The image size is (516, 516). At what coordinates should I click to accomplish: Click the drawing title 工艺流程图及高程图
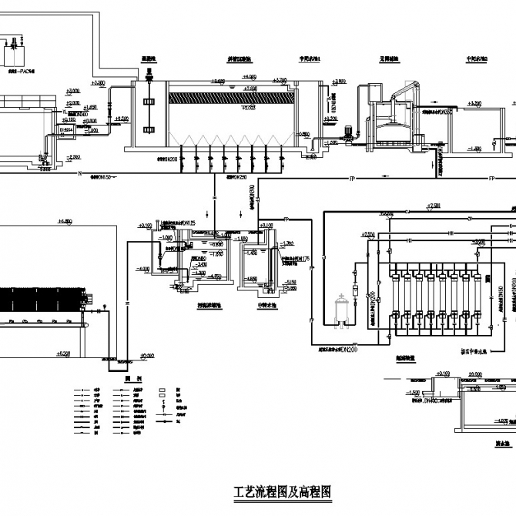281,491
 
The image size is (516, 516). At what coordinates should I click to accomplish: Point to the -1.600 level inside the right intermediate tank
474,147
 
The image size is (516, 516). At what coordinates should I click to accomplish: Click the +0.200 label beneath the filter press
64,353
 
